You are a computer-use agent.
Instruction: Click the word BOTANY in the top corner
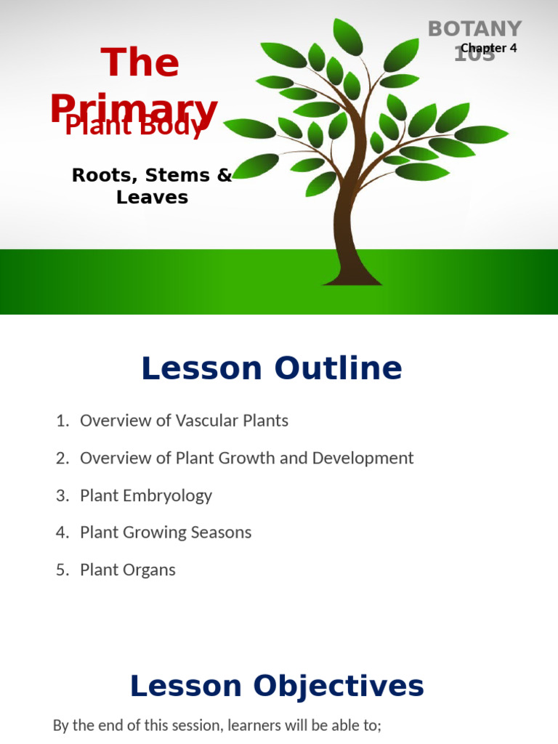click(474, 28)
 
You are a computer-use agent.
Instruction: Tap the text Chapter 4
click(488, 48)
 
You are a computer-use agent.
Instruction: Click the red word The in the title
click(140, 62)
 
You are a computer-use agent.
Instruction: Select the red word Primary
click(134, 108)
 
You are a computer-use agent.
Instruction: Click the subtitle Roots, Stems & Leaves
click(152, 186)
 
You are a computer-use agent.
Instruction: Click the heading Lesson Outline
click(271, 368)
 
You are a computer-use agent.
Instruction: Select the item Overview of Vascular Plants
click(184, 421)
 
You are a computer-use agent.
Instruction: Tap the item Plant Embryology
click(145, 496)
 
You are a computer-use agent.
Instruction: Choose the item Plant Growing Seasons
click(166, 533)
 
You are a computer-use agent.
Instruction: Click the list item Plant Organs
click(127, 570)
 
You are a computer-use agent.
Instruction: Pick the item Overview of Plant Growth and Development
click(246, 458)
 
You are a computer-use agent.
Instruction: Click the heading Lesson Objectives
click(276, 686)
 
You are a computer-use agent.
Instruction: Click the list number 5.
click(61, 570)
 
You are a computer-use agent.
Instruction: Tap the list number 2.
click(61, 458)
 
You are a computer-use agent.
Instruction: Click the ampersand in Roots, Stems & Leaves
click(224, 175)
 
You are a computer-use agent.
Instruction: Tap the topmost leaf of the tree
click(348, 36)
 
